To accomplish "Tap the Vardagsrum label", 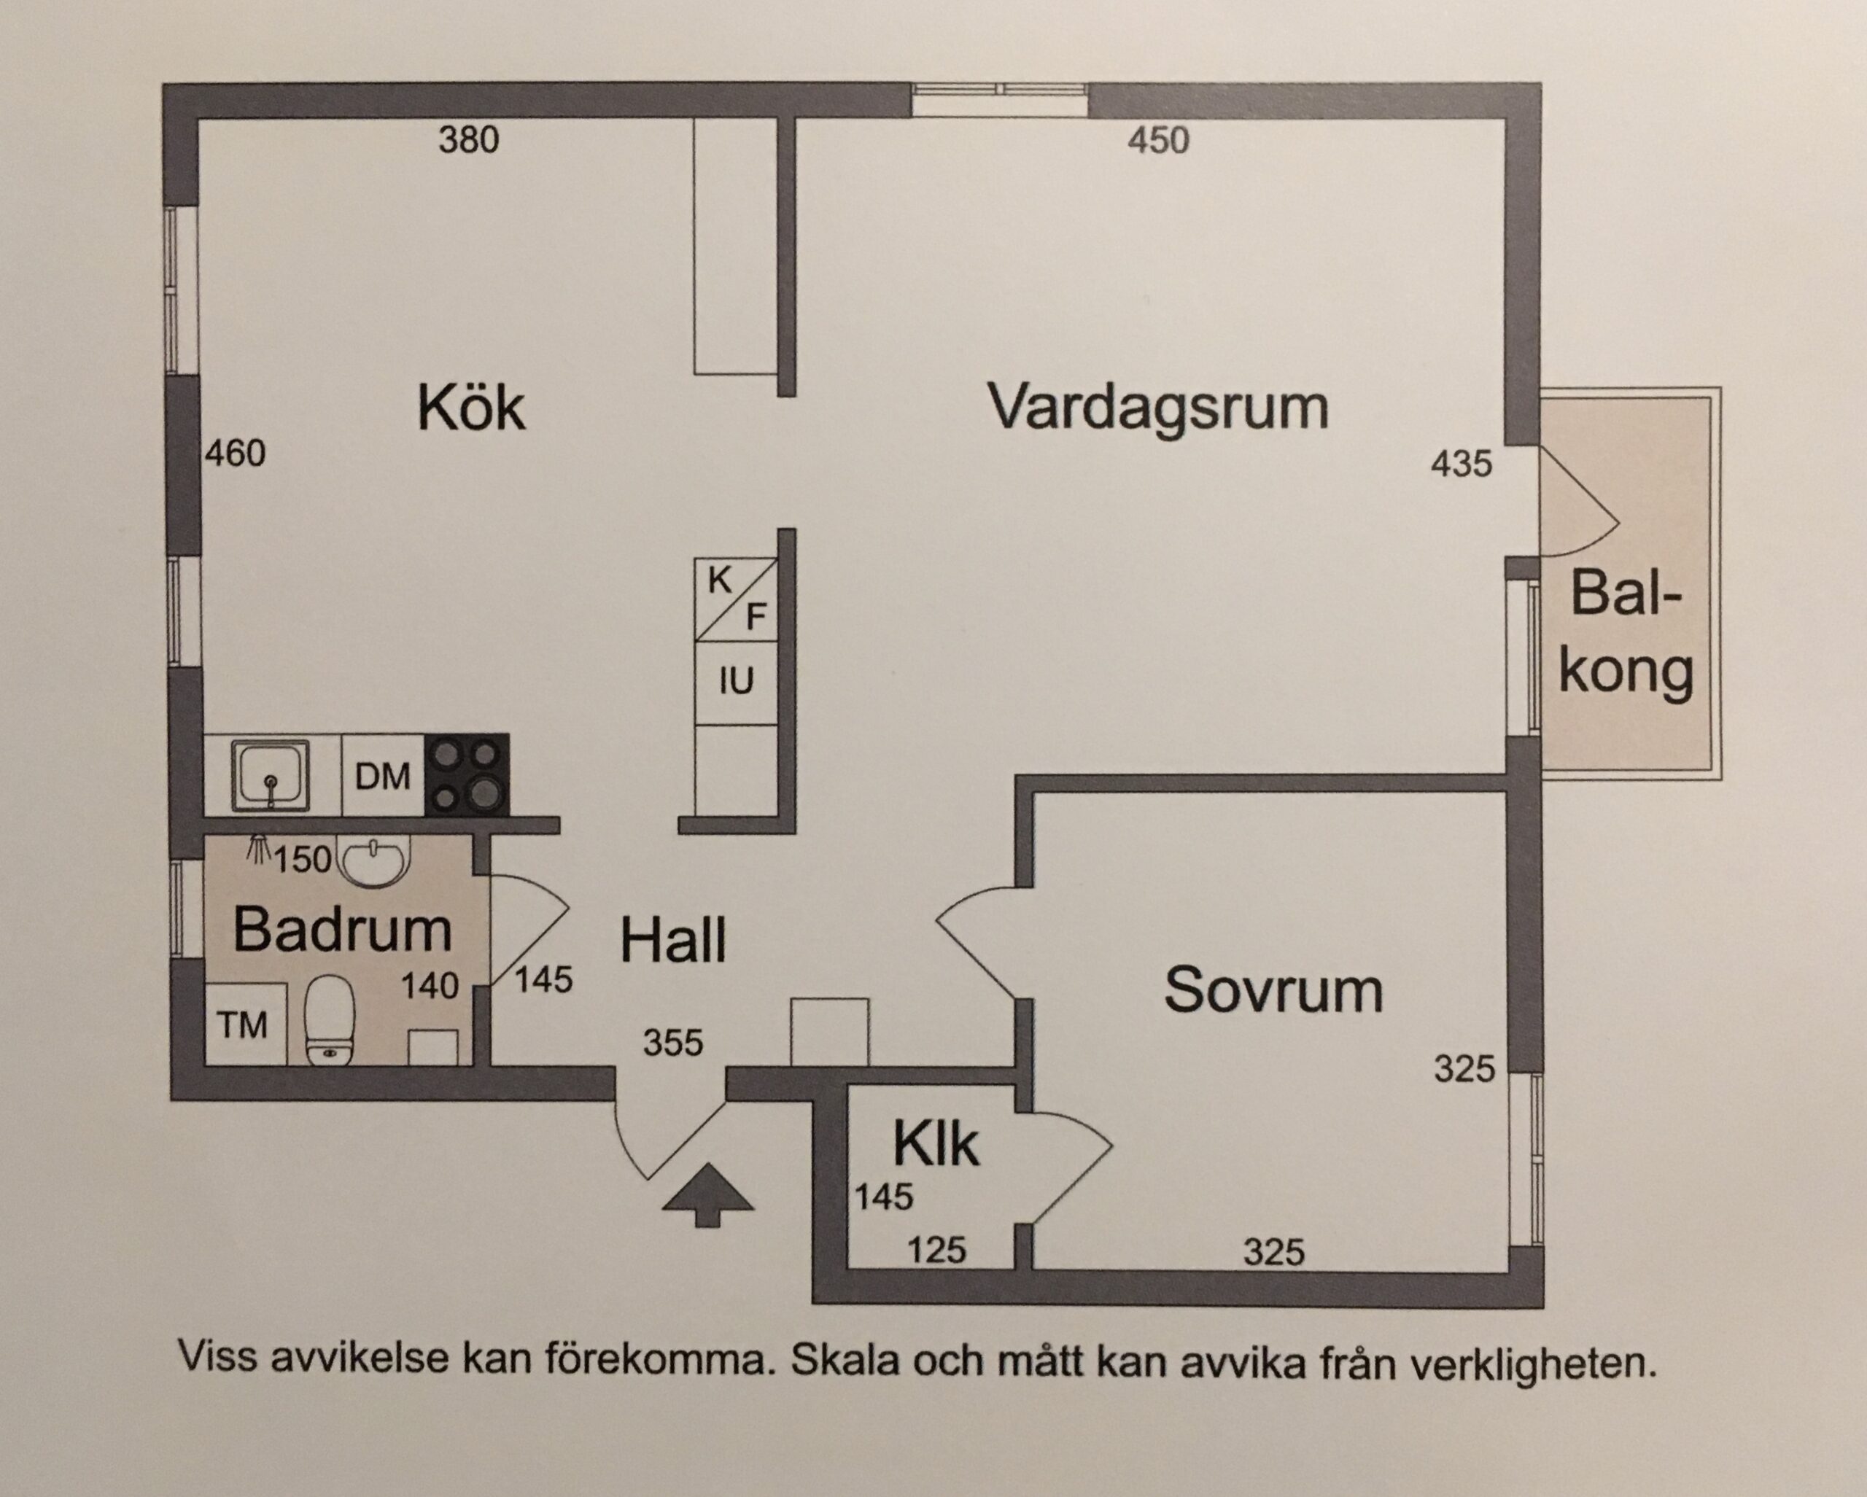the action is coord(1159,408).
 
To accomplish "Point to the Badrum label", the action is coord(343,930).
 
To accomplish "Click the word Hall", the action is coord(673,941).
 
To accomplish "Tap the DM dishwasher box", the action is coord(383,776).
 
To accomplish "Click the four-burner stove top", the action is coord(466,775).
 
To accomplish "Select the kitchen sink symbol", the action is coord(270,774).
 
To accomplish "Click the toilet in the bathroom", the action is coord(330,1019).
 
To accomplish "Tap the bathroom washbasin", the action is coord(373,860).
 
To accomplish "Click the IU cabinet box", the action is coord(736,683).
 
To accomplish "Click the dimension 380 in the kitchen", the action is coord(468,140).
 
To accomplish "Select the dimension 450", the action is coord(1159,140).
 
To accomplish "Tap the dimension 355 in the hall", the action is coord(673,1043).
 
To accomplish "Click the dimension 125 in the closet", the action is coord(937,1251).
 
